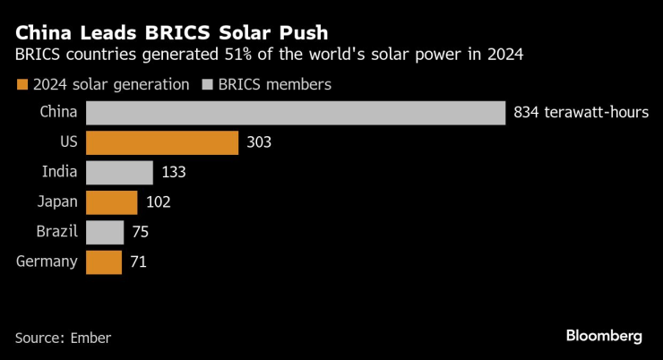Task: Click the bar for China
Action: tap(296, 113)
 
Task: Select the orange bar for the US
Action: tap(162, 143)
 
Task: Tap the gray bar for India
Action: tap(119, 173)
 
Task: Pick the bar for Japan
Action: tap(111, 202)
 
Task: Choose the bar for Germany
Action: tap(104, 262)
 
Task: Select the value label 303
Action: tap(259, 143)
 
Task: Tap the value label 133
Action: tap(174, 173)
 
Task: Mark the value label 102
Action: tap(158, 202)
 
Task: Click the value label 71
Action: tap(137, 262)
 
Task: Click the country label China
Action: tap(58, 113)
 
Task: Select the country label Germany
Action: tap(47, 262)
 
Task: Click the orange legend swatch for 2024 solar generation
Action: tap(22, 85)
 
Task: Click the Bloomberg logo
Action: tap(604, 336)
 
